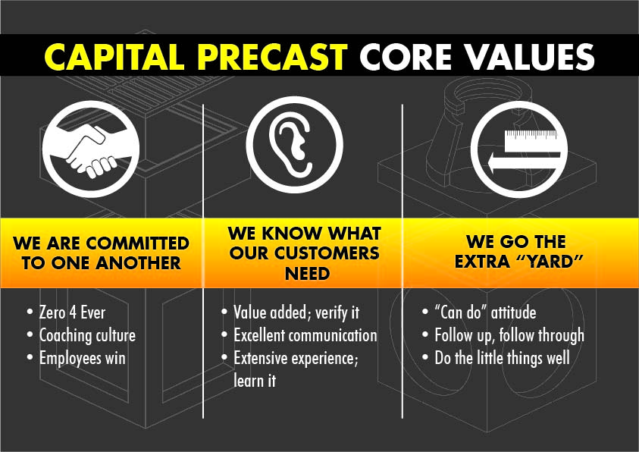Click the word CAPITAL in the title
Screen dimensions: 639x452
(x=114, y=56)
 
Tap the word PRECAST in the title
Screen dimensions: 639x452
(x=272, y=56)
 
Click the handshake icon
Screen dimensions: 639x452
(x=91, y=149)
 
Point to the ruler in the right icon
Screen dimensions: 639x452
(x=530, y=140)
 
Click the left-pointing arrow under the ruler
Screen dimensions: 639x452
(x=525, y=162)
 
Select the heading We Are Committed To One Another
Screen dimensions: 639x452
(x=101, y=253)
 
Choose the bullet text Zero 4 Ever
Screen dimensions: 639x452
(x=72, y=312)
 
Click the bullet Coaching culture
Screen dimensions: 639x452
(x=87, y=335)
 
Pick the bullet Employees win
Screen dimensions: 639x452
(x=83, y=358)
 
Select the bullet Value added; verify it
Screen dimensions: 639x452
(x=296, y=312)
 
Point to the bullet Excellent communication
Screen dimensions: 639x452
(x=305, y=335)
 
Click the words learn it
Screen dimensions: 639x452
(x=255, y=381)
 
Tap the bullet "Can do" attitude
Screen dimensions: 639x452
(x=485, y=312)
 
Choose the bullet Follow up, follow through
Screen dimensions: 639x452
(x=509, y=335)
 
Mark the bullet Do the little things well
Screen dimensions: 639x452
(x=502, y=358)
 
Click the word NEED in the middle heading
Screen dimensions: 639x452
(x=307, y=274)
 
